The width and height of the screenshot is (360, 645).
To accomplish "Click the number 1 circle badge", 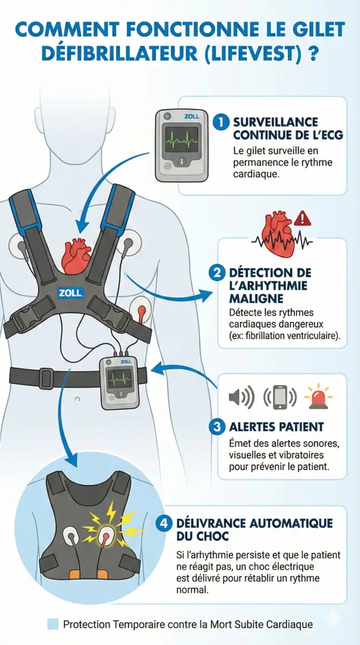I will pos(220,122).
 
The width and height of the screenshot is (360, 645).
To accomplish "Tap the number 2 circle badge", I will pos(216,273).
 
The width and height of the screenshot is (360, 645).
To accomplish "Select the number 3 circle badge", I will pos(216,427).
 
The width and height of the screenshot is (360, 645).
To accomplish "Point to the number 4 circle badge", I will pos(163,522).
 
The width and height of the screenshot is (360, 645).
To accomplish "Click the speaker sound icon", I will pos(241,397).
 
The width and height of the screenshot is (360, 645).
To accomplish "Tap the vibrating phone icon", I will pos(279,397).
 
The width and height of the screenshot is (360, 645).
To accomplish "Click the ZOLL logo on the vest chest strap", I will pos(70,293).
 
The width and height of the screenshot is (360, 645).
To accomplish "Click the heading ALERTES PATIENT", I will pos(276,427).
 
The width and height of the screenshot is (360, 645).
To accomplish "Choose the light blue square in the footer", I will pos(53,624).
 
